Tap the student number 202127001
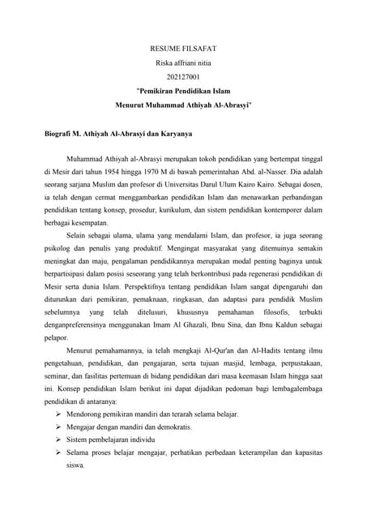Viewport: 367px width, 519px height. [183, 78]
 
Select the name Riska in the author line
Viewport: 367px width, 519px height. [164, 63]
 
